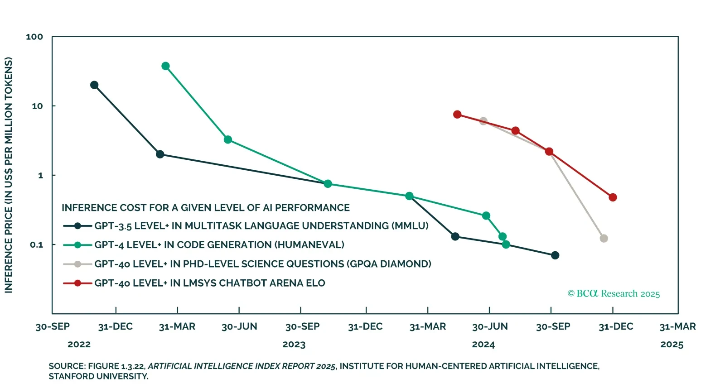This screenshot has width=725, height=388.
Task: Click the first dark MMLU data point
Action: coord(94,85)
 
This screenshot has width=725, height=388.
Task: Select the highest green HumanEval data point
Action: coord(165,66)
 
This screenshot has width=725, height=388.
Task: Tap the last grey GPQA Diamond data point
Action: coord(604,239)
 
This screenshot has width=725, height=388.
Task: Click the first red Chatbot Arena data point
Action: coord(457,115)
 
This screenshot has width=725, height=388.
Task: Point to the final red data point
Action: coord(613,197)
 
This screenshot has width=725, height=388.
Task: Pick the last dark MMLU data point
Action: coord(555,255)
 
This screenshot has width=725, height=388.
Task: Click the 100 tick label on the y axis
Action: coord(34,37)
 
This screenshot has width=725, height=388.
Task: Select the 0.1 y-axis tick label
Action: coord(36,245)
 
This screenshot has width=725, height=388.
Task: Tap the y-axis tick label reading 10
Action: coord(37,106)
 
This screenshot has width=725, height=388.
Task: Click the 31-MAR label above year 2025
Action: coord(677,327)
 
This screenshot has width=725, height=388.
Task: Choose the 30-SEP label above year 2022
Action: coord(53,327)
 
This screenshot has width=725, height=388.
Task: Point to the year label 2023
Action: coord(294,345)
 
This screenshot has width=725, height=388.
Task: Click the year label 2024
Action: coord(483,345)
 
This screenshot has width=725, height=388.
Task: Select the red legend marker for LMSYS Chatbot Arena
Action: coord(77,283)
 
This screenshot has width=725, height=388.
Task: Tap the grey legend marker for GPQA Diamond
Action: coord(77,264)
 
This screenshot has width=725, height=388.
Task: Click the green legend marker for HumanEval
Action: coord(77,245)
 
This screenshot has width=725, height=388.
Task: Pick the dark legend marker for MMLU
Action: coord(77,226)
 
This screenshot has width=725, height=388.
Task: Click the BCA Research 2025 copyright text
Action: coord(614,294)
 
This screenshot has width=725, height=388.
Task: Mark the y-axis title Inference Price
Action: coord(9,175)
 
